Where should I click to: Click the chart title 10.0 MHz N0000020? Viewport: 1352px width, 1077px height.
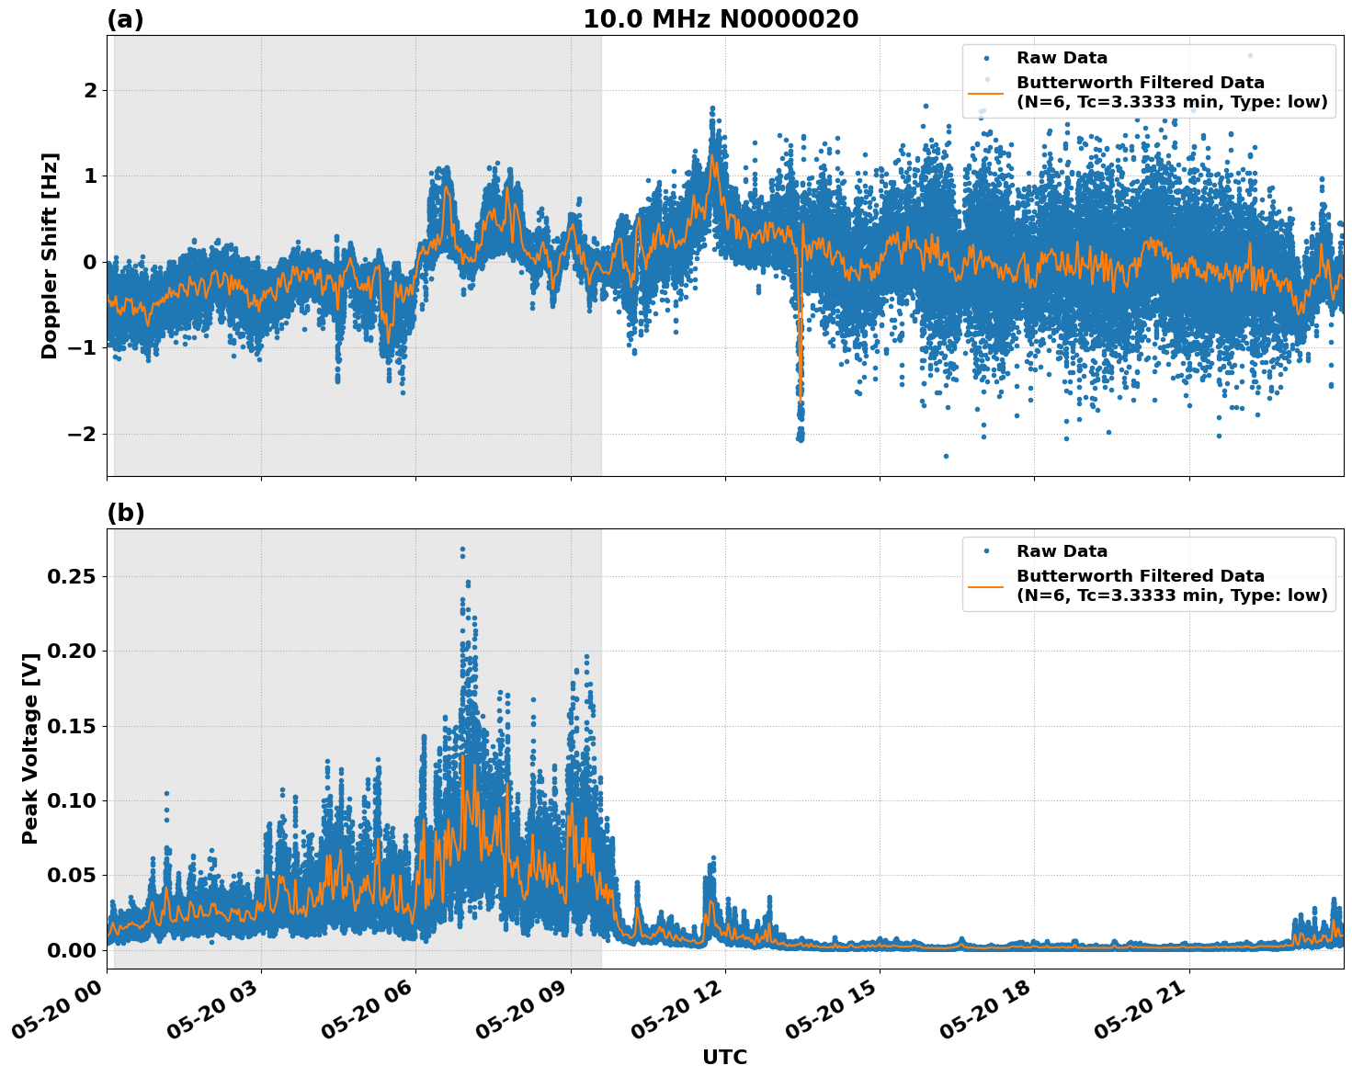click(721, 19)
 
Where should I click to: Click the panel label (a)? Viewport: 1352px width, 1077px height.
click(125, 19)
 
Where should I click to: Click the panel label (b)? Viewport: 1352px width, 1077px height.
click(125, 513)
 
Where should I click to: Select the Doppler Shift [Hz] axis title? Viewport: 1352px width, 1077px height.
click(50, 255)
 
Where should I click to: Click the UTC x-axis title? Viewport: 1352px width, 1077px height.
click(724, 1057)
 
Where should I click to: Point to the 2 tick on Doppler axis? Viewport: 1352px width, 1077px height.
click(90, 90)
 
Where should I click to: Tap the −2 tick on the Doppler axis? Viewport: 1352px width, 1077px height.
click(83, 434)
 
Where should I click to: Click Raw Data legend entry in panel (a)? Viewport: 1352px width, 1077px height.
click(1062, 58)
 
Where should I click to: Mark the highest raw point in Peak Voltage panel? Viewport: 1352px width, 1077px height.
click(462, 550)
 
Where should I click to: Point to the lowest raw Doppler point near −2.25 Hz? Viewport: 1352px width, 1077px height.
click(946, 456)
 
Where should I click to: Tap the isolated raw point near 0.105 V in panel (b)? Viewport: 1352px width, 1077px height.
click(166, 793)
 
